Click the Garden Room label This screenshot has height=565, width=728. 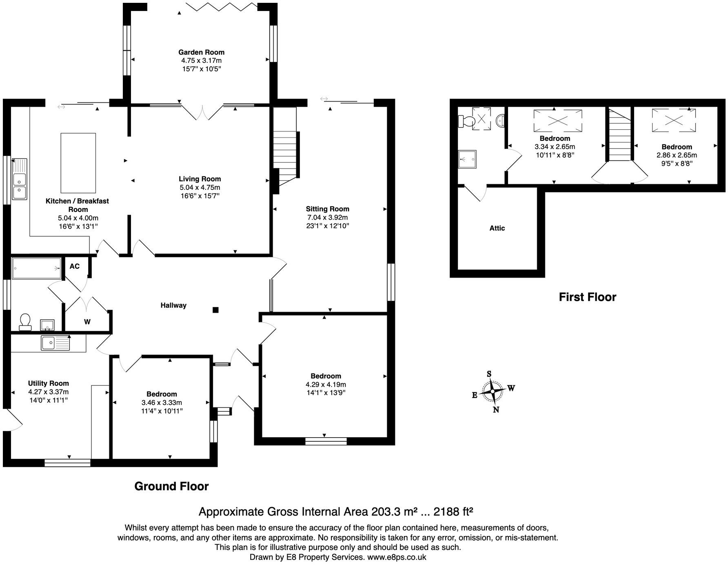pos(201,52)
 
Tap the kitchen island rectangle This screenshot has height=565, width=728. pos(78,163)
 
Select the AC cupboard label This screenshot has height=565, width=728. pos(74,267)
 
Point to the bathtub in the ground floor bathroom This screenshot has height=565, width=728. pos(36,268)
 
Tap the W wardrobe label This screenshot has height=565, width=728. pos(87,322)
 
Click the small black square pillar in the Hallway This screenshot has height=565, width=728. pos(215,310)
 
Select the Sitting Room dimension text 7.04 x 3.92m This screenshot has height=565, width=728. pos(327,218)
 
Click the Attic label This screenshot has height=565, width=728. pos(497,228)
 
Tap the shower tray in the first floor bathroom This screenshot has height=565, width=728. pos(467,159)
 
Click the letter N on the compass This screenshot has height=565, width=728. pos(496,410)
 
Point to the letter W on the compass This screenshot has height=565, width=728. pos(511,388)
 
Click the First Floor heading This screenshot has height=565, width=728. pos(587,297)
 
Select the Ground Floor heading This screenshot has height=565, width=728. pos(171,486)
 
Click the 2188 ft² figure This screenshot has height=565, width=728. pos(453,512)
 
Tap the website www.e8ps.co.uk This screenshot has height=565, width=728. pos(397,557)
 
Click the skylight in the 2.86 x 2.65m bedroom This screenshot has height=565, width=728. pos(674,120)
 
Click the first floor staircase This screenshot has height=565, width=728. pos(620,134)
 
